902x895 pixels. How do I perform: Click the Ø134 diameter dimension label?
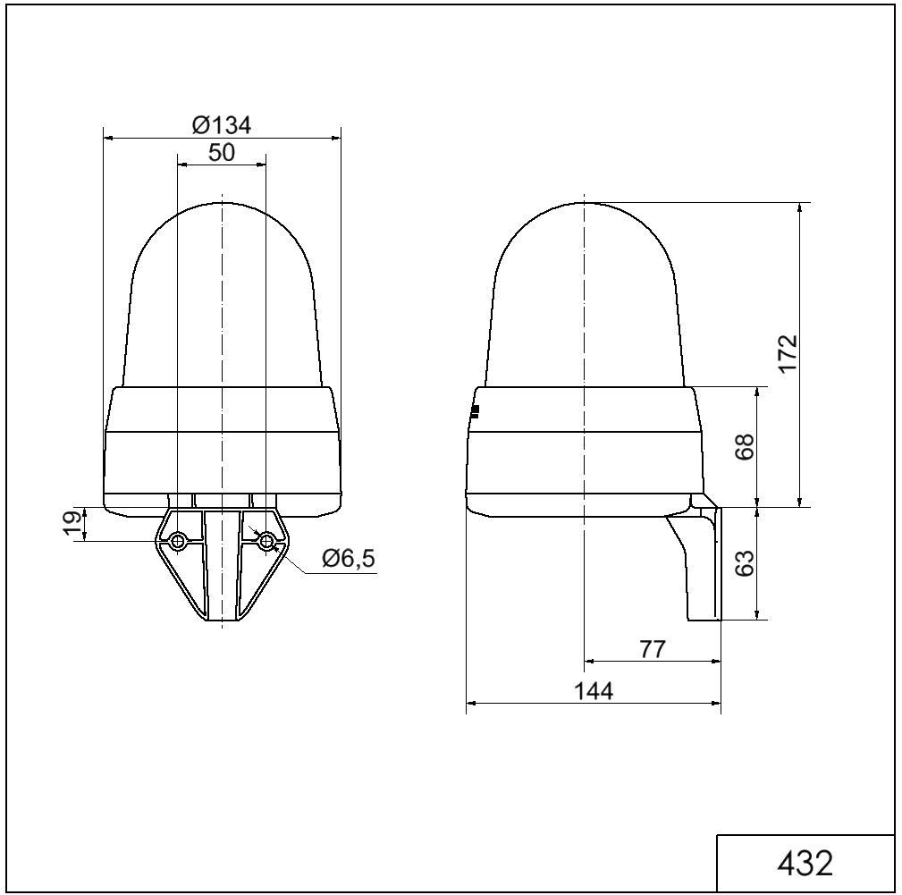coord(222,125)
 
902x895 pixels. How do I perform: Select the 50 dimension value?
coord(222,153)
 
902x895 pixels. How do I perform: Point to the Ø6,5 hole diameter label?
coord(349,560)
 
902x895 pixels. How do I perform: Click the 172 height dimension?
coord(787,355)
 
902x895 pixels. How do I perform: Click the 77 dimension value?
coord(653,650)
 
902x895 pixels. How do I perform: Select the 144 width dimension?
coord(594,691)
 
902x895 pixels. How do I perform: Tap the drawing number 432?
coord(805,864)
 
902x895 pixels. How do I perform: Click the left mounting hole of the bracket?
coord(178,541)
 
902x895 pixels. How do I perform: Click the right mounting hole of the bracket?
coord(266,541)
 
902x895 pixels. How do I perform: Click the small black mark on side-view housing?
coord(475,411)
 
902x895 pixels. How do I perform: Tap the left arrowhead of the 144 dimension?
coord(470,703)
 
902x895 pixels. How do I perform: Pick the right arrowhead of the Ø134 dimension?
coord(336,138)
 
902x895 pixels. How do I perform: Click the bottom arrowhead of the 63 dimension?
coord(758,615)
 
